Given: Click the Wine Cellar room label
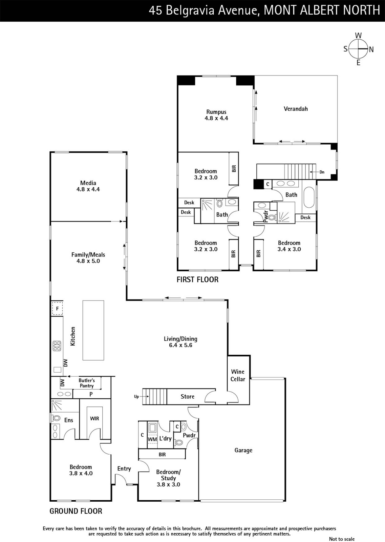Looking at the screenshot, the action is (x=238, y=375).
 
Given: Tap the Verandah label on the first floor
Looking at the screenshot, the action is (x=296, y=109).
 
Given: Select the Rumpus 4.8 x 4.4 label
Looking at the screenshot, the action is (x=216, y=115).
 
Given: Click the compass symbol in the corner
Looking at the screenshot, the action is (x=358, y=49).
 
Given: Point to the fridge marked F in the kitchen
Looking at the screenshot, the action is (x=57, y=309).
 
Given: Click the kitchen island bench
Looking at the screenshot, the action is (x=93, y=330).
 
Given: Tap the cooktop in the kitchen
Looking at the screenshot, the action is (x=57, y=346).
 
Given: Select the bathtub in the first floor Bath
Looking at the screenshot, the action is (x=309, y=197).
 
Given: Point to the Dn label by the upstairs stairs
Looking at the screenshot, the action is (x=322, y=172).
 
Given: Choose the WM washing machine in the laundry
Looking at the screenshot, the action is (x=152, y=439).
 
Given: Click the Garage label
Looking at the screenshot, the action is (x=243, y=450).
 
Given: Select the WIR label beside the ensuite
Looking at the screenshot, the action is (x=94, y=418).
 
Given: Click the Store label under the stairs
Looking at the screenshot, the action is (x=188, y=396).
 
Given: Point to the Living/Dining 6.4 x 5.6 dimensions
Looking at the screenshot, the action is (x=181, y=345).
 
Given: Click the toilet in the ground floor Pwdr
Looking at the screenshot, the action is (x=179, y=442).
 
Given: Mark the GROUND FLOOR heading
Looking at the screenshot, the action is (x=76, y=511).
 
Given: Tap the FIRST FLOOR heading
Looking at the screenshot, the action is (x=197, y=280).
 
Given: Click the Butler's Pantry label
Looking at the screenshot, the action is (x=87, y=383).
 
